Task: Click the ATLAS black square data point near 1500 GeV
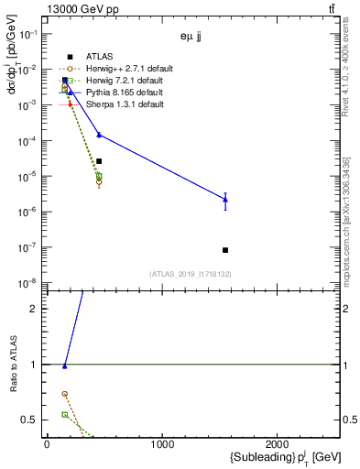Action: point(225,250)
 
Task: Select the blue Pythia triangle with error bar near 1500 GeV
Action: point(225,199)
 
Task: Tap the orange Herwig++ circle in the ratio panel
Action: point(65,394)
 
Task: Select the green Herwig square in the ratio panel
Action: point(65,415)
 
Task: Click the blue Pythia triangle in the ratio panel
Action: point(65,365)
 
